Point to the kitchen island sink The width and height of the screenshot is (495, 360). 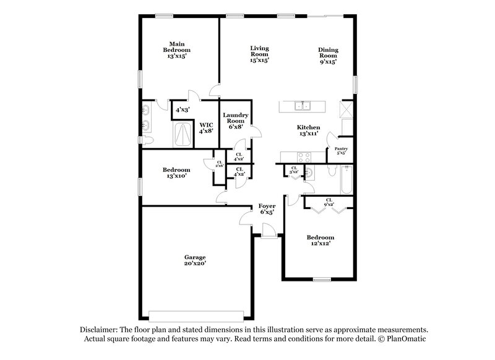pyautogui.click(x=303, y=106)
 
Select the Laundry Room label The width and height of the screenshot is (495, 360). pyautogui.click(x=237, y=119)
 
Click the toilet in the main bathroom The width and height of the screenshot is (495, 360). pyautogui.click(x=148, y=142)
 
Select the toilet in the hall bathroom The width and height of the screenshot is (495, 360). pyautogui.click(x=309, y=176)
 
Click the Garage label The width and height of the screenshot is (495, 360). pyautogui.click(x=194, y=257)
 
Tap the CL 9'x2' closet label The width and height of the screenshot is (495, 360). pyautogui.click(x=329, y=202)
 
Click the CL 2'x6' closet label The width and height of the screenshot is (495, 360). pyautogui.click(x=219, y=165)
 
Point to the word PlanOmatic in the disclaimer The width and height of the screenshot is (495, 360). pyautogui.click(x=405, y=340)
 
